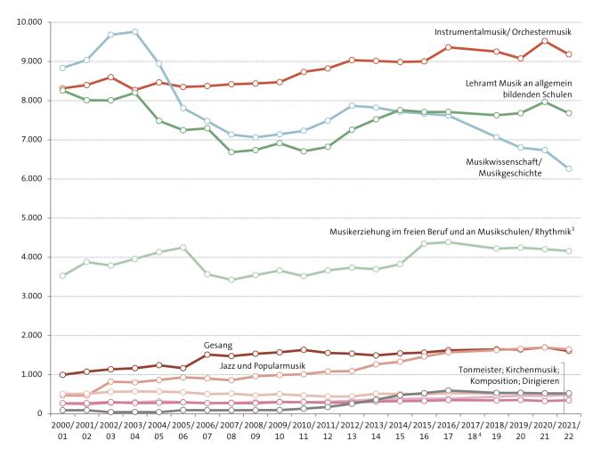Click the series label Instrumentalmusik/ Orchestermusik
(x=500, y=32)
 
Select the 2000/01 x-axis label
(x=62, y=433)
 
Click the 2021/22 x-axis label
(x=565, y=433)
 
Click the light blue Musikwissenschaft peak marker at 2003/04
(x=135, y=32)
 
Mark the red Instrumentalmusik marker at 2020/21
(x=544, y=41)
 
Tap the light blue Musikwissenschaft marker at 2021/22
(x=567, y=168)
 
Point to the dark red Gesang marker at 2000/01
(x=62, y=375)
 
